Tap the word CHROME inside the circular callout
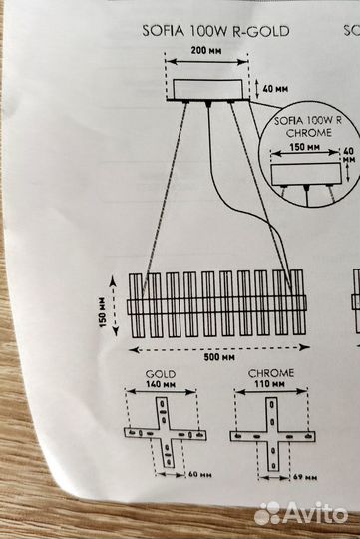tap(304, 130)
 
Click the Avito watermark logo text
tap(314, 512)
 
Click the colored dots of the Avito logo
tap(267, 513)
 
